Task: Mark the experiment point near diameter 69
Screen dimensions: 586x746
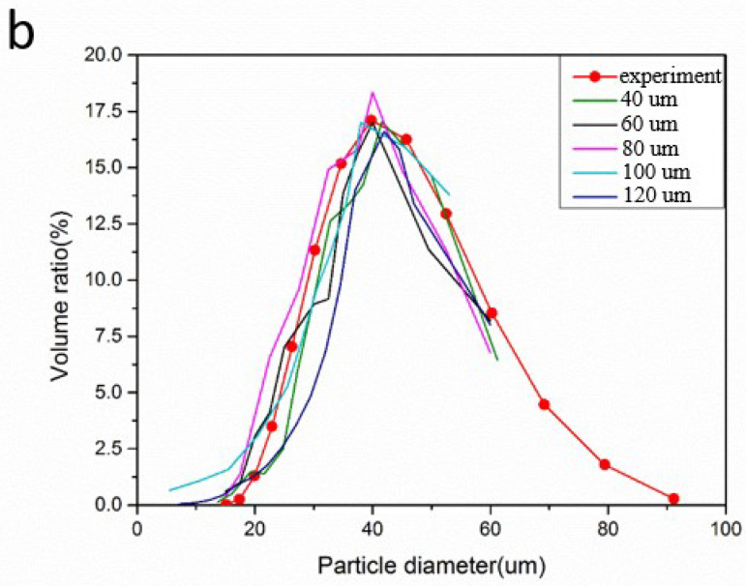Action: click(544, 404)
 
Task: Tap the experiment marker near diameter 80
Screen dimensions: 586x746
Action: click(605, 464)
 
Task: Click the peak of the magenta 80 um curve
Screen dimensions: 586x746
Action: click(373, 93)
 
